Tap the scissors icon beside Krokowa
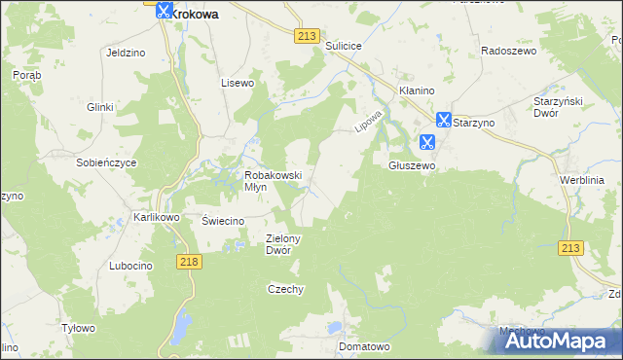pos(164,11)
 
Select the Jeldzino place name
pos(126,53)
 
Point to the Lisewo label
pos(238,83)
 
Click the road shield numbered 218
pos(189,262)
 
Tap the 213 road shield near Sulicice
pos(306,36)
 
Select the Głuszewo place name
pos(412,166)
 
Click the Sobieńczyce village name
pos(106,162)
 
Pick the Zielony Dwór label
pos(284,243)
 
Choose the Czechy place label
pos(286,289)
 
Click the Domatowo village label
pos(364,346)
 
